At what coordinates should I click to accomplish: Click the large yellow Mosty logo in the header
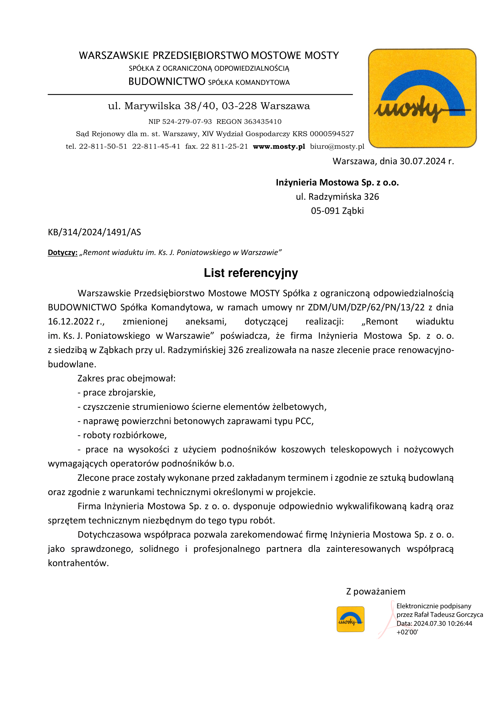pos(422,98)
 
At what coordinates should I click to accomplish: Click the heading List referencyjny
pos(251,273)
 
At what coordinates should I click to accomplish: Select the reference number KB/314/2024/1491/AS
pos(94,232)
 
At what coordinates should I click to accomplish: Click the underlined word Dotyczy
pos(63,253)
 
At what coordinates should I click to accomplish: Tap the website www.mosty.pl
pos(279,147)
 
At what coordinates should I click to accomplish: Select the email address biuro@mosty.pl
pos(337,147)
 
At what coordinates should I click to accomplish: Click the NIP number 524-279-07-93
pos(187,121)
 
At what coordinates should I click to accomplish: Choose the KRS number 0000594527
pos(332,134)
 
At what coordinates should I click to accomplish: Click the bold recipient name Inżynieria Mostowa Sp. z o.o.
pos(337,182)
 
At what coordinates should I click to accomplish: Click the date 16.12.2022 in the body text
pos(71,321)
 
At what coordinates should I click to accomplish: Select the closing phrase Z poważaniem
pos(375,592)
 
